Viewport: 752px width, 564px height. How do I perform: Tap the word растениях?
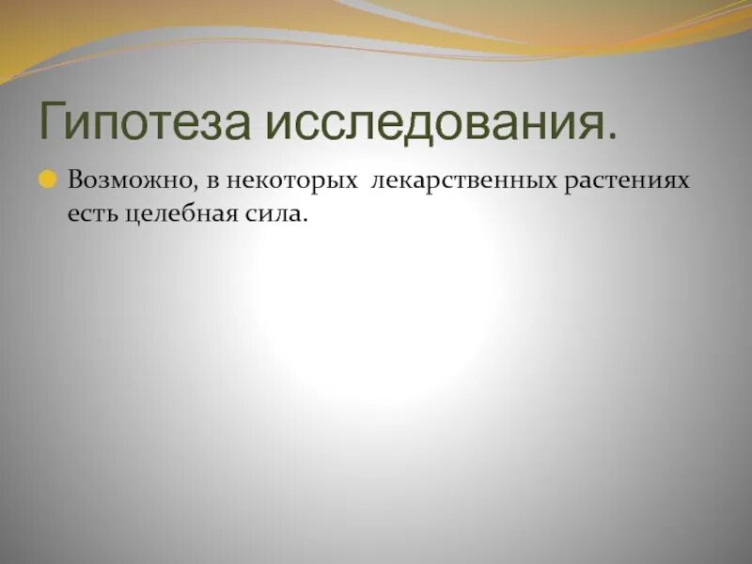(x=627, y=180)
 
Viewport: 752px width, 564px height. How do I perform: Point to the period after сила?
(x=305, y=221)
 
